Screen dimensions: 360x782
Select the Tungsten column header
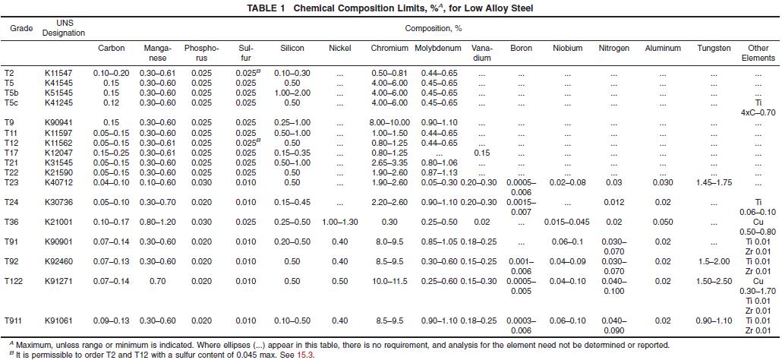pos(714,49)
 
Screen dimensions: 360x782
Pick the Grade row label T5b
pos(11,92)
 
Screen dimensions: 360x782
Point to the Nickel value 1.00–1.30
pos(339,221)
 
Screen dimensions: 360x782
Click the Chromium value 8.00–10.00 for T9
pos(389,122)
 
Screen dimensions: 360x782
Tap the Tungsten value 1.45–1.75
pos(714,182)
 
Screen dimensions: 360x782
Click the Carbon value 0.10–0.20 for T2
pos(112,72)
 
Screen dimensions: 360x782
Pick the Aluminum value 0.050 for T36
pos(662,221)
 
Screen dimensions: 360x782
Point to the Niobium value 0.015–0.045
pos(567,221)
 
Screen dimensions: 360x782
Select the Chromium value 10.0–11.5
pos(389,281)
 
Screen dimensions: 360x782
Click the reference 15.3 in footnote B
pos(306,355)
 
